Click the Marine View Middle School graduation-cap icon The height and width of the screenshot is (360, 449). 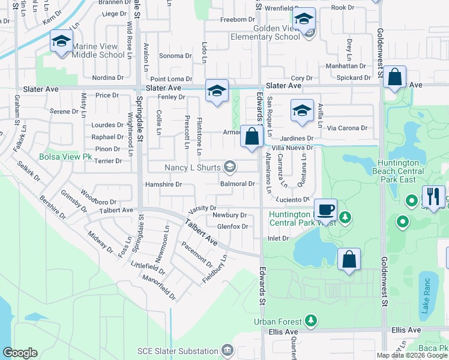pyautogui.click(x=60, y=41)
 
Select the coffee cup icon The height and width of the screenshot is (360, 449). pyautogui.click(x=325, y=209)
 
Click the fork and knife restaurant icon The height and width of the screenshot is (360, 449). pyautogui.click(x=433, y=196)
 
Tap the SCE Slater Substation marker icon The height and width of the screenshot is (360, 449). pyautogui.click(x=227, y=350)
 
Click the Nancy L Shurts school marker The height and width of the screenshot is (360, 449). pyautogui.click(x=229, y=166)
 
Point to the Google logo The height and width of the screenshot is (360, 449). pyautogui.click(x=20, y=352)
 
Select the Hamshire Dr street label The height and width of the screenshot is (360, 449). pyautogui.click(x=163, y=185)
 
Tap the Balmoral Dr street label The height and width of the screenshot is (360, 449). pyautogui.click(x=238, y=184)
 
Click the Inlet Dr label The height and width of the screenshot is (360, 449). pyautogui.click(x=278, y=238)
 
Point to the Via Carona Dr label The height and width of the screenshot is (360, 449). pyautogui.click(x=348, y=128)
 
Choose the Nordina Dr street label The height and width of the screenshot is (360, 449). pyautogui.click(x=108, y=78)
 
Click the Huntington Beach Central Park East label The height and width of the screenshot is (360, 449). pyautogui.click(x=402, y=171)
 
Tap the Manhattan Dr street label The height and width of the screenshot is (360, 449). pyautogui.click(x=346, y=66)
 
